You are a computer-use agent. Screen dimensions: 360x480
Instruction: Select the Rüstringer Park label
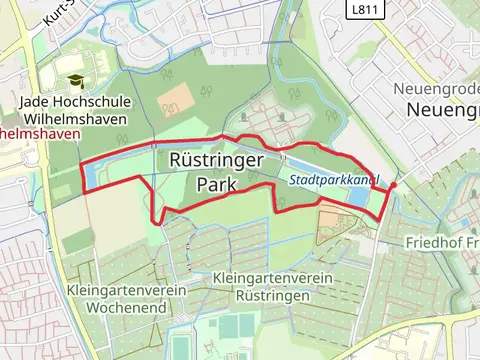pos(216,172)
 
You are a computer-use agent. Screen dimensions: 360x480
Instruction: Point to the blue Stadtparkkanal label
pos(333,181)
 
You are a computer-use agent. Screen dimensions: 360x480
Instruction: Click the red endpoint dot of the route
pos(393,185)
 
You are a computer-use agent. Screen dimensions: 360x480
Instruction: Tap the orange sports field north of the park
pos(177,96)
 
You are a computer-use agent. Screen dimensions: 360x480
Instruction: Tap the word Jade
pos(36,101)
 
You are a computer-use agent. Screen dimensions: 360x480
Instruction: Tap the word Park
pos(216,185)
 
